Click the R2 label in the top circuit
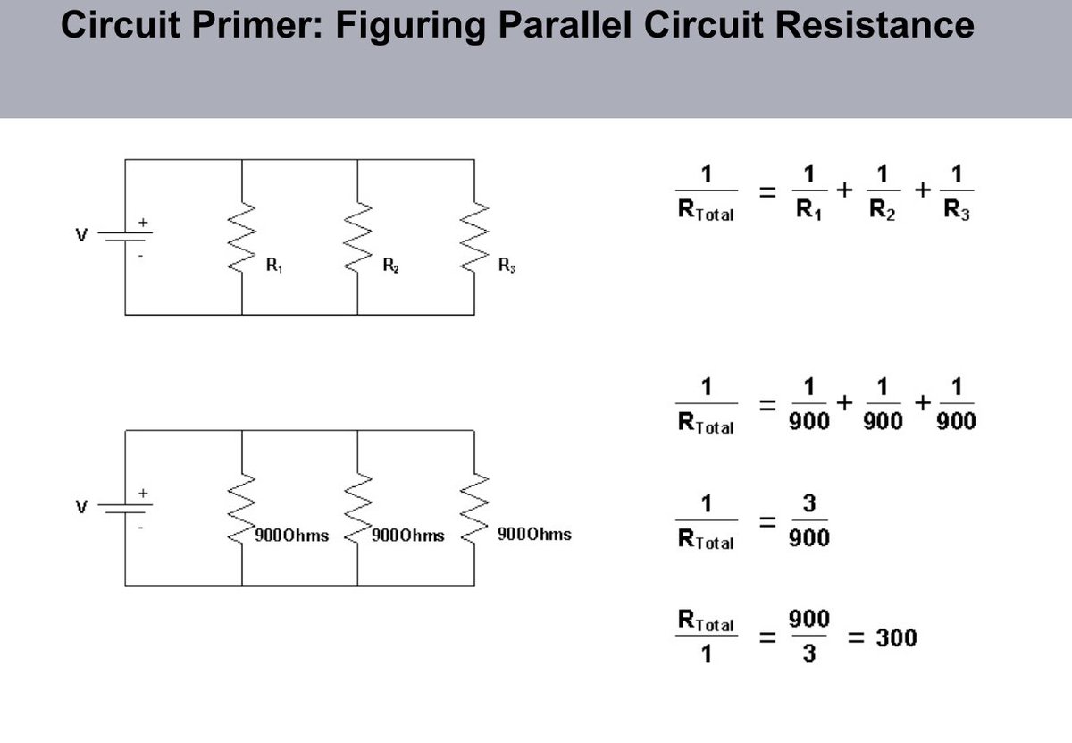[389, 265]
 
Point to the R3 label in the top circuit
[506, 266]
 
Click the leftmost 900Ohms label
[291, 536]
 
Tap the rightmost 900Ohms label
[533, 535]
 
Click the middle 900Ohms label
[407, 536]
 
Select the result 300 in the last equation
[895, 638]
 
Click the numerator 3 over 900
[809, 504]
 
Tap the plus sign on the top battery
[141, 221]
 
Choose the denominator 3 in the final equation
[809, 655]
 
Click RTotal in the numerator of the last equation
[706, 621]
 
